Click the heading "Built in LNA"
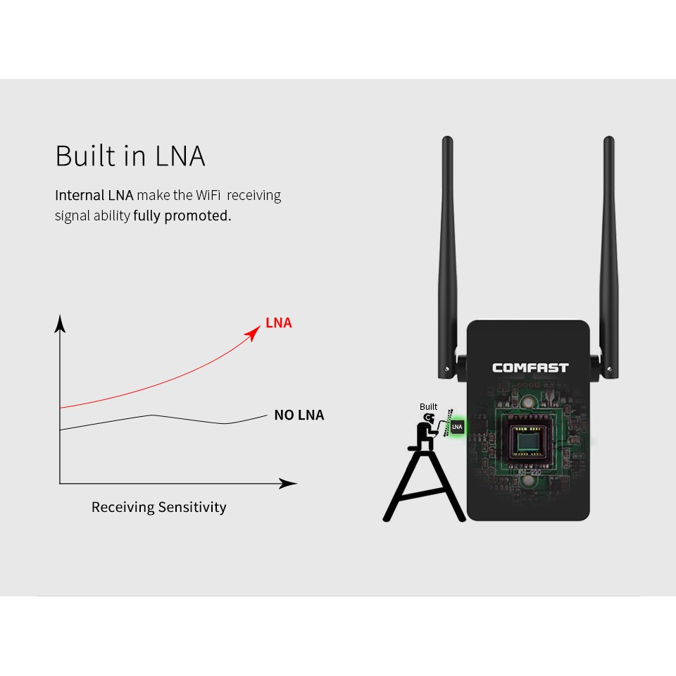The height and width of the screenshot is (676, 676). (x=130, y=156)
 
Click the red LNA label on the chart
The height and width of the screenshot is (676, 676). (x=279, y=323)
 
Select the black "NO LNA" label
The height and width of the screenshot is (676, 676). (x=299, y=415)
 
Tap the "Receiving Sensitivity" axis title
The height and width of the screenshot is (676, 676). (x=158, y=507)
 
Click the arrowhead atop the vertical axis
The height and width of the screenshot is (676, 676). (x=61, y=323)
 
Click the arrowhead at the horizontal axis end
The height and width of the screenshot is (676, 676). (x=287, y=483)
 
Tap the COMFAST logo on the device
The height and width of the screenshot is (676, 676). (x=530, y=368)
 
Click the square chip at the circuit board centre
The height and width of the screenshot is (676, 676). (x=529, y=442)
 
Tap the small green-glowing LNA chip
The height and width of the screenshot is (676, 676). (x=457, y=427)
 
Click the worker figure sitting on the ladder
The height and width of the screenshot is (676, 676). (x=426, y=432)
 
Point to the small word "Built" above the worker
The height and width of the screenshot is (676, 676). (x=428, y=406)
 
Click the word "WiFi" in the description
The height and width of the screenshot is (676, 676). (x=208, y=195)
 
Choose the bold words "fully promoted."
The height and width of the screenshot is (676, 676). (x=182, y=215)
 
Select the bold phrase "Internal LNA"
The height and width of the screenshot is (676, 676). (x=94, y=195)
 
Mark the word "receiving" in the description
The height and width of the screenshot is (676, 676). (x=254, y=196)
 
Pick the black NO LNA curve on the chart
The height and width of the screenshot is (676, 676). (x=163, y=421)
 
